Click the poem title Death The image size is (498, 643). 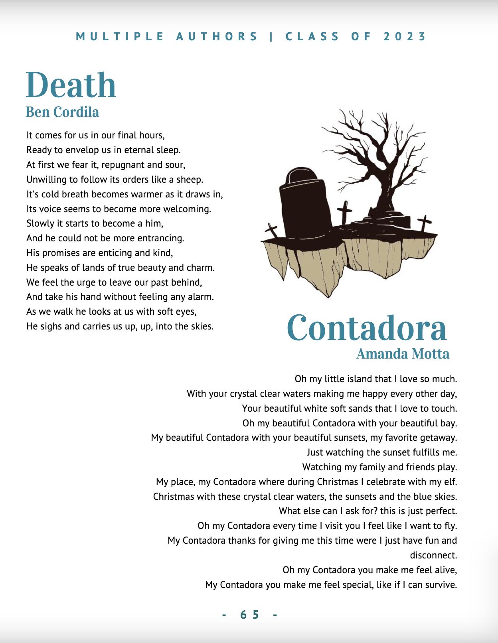(71, 85)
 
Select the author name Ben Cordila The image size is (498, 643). (62, 112)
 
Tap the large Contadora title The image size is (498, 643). (366, 328)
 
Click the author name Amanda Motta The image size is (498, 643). (403, 354)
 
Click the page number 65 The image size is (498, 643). (250, 615)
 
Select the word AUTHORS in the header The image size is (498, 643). (217, 37)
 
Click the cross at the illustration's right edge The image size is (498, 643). (425, 224)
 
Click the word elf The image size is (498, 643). (450, 482)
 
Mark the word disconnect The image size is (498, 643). (433, 555)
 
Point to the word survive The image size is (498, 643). (441, 585)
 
